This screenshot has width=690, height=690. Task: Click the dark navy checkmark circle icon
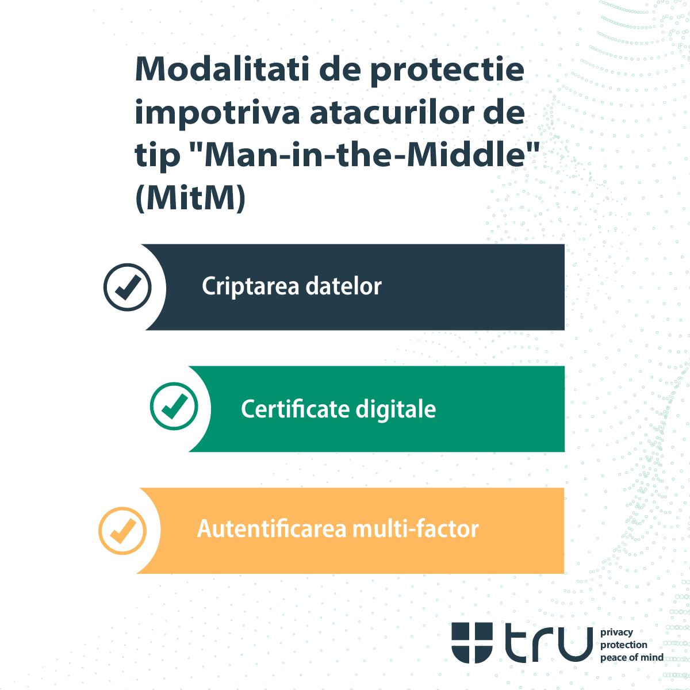pos(127,287)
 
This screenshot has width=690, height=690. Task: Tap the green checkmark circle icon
pos(174,406)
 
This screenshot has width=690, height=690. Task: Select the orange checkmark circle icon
pos(122,530)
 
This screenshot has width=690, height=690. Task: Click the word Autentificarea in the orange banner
pos(272,528)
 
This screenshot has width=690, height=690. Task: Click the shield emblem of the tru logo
pos(472,642)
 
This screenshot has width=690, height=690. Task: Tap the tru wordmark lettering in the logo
pos(549,643)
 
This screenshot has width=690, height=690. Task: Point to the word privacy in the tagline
pos(616,632)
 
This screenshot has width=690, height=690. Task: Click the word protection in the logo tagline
pos(624,645)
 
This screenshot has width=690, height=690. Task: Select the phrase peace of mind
pos(631,657)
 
